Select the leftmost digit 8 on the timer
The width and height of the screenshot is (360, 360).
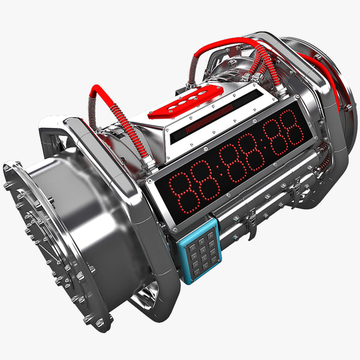tap(182, 193)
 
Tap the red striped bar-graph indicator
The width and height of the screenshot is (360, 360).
tap(209, 119)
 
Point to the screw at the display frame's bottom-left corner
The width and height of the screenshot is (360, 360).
tap(175, 230)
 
